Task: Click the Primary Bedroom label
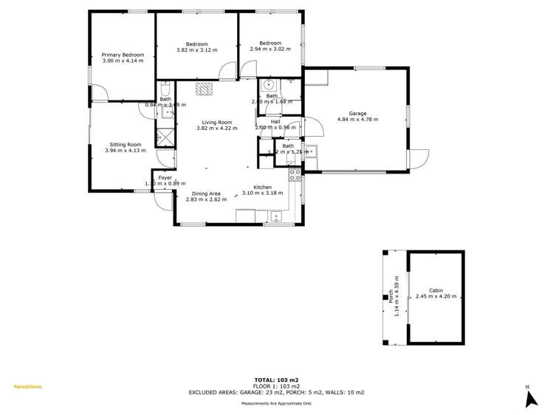tap(123, 55)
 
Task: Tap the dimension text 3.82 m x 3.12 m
tap(196, 50)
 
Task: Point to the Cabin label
tap(436, 291)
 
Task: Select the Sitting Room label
tap(125, 145)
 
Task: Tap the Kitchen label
tap(263, 188)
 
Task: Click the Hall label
tap(275, 122)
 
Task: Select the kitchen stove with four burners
tap(295, 175)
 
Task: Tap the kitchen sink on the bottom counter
tap(276, 216)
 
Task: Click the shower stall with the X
tap(165, 137)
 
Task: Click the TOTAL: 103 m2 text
tap(276, 379)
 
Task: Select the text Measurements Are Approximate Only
tap(276, 404)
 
